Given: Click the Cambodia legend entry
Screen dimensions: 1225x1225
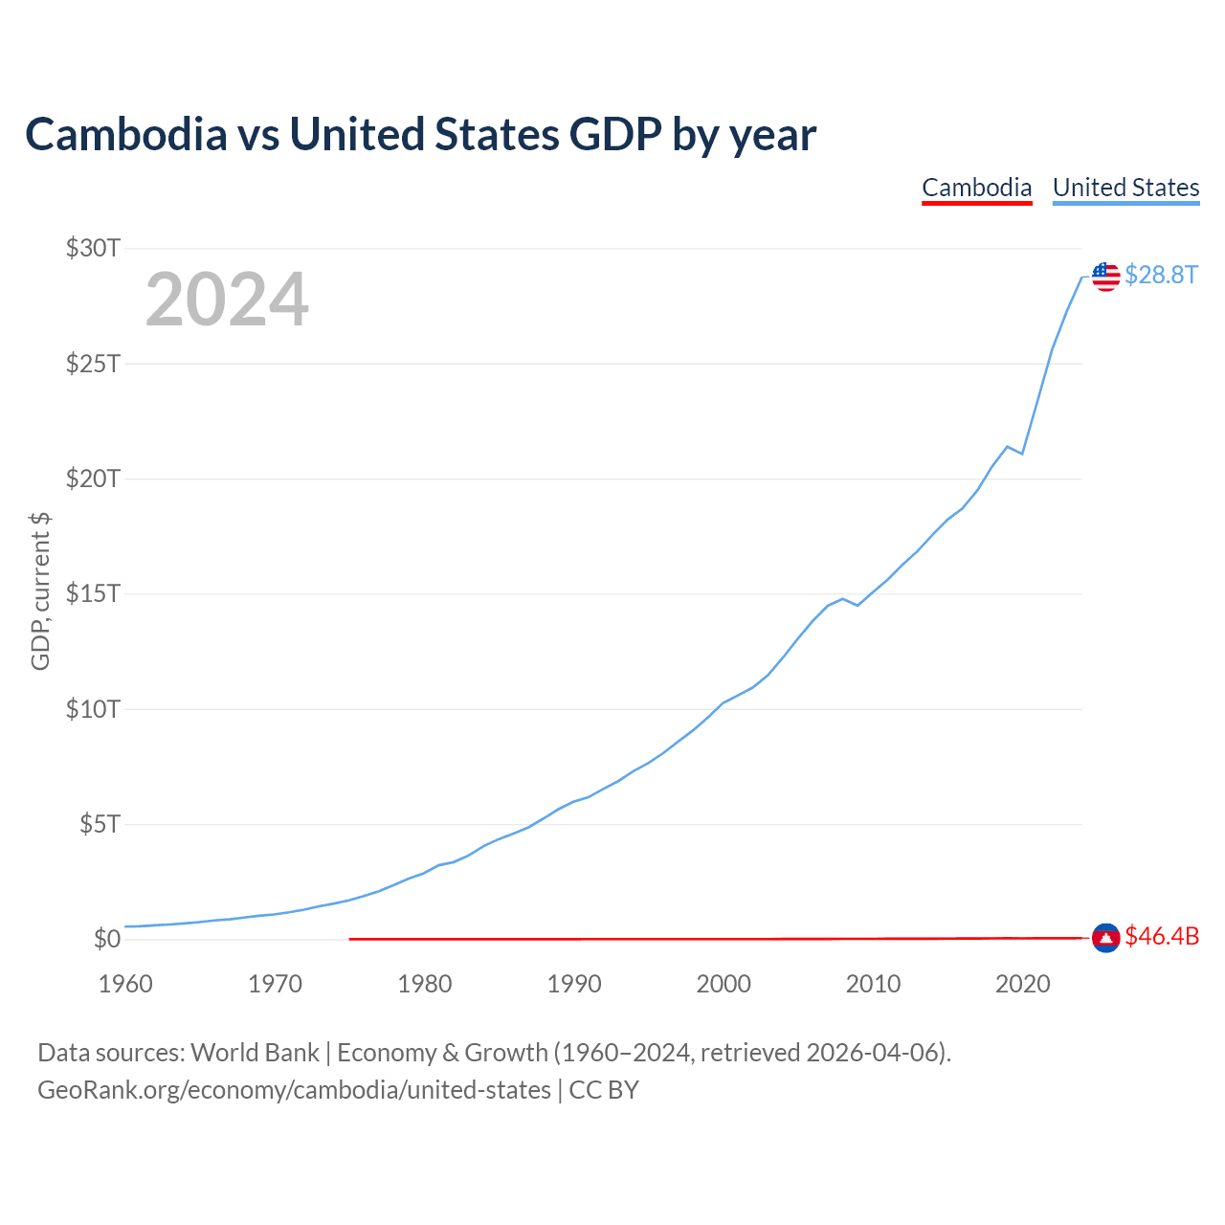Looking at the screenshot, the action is click(x=976, y=188).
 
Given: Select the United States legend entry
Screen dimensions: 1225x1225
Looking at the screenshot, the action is click(x=1125, y=188).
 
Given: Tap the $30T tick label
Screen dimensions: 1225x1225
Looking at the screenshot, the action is click(x=93, y=248).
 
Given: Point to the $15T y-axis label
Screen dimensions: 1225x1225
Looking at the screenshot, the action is click(x=93, y=593).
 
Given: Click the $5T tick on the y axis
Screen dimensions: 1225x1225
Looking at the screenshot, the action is click(x=100, y=824).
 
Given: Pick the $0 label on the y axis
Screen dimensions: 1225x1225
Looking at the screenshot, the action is click(x=107, y=939).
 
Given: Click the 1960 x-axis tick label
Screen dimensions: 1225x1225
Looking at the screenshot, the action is click(x=125, y=984).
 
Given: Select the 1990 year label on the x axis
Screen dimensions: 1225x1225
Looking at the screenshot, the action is click(x=574, y=984).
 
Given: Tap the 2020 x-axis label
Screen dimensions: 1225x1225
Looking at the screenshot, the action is click(x=1023, y=984).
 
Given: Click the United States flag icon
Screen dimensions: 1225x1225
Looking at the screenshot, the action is click(x=1106, y=277).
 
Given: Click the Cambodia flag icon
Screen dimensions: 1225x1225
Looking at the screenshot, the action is click(x=1106, y=938).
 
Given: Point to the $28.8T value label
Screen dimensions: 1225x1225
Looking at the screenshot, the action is click(x=1162, y=275).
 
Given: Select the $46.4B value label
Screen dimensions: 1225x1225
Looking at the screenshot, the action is click(x=1162, y=936).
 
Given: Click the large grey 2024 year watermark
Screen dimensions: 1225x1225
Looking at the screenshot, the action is click(x=227, y=299).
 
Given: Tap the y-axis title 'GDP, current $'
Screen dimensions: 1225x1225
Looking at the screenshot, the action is click(x=40, y=591).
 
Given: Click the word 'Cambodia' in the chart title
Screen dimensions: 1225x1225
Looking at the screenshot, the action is click(x=126, y=134).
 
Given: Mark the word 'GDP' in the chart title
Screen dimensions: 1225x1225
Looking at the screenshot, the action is click(x=615, y=134).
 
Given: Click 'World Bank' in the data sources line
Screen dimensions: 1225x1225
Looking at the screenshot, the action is click(x=255, y=1054).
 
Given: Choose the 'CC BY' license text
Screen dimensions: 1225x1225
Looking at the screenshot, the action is click(x=604, y=1090).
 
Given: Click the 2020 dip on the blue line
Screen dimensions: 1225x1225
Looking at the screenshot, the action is click(x=1022, y=454).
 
